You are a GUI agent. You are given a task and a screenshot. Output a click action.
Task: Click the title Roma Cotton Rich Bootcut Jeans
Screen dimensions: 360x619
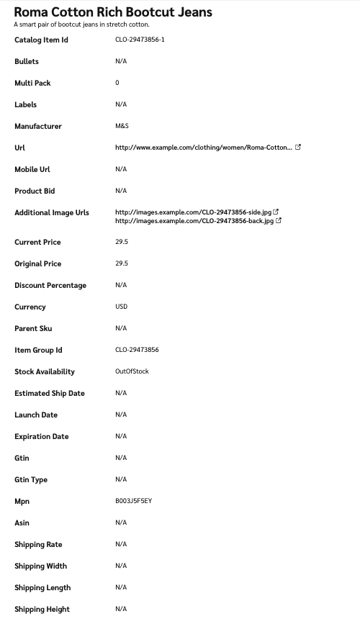point(113,12)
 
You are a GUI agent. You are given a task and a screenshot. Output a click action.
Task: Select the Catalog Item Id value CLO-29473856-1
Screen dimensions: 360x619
point(140,40)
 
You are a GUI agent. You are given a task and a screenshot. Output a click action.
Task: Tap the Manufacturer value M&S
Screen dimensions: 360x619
point(122,126)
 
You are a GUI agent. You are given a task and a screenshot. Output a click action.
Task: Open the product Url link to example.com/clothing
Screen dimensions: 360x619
point(203,148)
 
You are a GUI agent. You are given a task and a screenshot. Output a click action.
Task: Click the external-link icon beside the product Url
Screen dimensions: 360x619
point(298,147)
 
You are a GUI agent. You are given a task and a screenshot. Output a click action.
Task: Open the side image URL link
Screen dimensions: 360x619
point(193,212)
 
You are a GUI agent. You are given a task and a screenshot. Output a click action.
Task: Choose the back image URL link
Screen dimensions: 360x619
point(194,221)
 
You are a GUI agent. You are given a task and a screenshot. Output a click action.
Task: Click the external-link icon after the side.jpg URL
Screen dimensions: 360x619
point(276,212)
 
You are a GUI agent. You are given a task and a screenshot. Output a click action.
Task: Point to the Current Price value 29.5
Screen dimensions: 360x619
point(122,242)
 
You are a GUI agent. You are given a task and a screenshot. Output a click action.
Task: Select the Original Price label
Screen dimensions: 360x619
point(37,263)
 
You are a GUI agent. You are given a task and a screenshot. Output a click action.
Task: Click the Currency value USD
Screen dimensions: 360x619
point(121,307)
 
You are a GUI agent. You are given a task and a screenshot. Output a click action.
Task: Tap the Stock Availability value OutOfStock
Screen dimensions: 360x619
point(131,371)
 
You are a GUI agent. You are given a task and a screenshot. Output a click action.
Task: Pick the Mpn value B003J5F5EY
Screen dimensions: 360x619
point(133,501)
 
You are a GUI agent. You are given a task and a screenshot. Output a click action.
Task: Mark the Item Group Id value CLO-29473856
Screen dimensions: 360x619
point(137,350)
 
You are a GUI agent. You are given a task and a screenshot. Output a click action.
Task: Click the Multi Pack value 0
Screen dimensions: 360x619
point(117,83)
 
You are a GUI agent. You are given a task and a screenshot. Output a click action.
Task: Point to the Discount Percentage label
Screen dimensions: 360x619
point(50,285)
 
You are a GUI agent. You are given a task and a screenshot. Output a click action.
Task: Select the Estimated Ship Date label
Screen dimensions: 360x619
point(50,393)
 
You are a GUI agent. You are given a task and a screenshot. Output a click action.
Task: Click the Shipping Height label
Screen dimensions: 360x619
point(42,609)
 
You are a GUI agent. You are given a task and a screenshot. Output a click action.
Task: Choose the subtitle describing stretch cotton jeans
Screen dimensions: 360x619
point(81,24)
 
